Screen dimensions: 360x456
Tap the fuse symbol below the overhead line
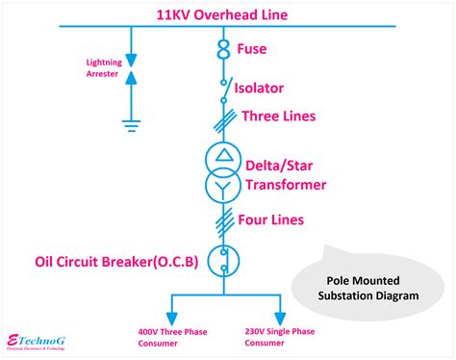click(223, 48)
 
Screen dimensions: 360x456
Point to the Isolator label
click(274, 88)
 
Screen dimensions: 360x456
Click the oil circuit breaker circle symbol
click(223, 261)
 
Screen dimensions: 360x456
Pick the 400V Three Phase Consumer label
click(170, 337)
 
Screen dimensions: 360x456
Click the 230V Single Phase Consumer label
click(281, 337)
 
